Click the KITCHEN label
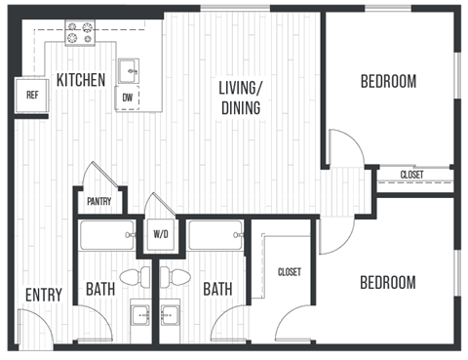81,80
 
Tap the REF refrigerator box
32,95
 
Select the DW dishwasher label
128,98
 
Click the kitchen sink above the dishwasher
129,71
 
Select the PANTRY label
98,202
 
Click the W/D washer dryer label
161,234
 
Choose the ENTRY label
44,295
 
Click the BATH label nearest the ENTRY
101,290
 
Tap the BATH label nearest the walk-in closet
218,290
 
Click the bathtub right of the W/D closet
215,236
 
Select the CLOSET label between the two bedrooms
412,175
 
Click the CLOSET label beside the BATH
289,272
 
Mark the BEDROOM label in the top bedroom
388,81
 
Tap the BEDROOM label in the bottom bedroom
388,283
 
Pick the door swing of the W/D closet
157,207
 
